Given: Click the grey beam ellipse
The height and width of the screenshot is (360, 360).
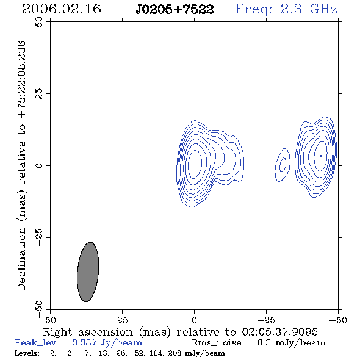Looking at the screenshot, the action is pos(88,272).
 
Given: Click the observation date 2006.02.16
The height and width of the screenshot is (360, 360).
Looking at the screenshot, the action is pos(62,9).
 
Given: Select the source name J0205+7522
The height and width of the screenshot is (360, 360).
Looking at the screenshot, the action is pos(175,9).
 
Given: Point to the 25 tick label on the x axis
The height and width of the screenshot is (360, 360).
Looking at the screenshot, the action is pos(122,320).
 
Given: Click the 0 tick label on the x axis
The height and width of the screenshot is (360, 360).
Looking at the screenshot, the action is pos(194,320).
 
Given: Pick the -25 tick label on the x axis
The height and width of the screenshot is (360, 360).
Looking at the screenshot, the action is pos(266,320).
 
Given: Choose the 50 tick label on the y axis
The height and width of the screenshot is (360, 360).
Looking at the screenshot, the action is pos(39,22).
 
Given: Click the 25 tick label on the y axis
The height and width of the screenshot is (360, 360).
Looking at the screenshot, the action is pos(39,94).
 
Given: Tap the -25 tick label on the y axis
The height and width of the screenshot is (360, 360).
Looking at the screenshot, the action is pos(39,237).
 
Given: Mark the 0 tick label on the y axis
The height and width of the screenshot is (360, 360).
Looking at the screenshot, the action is pos(39,165).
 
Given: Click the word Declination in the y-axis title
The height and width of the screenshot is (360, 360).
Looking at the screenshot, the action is pos(21,259).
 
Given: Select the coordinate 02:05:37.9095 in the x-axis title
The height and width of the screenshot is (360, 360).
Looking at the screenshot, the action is pos(279,332).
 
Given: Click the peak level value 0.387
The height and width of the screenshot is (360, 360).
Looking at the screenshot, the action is pos(84,342).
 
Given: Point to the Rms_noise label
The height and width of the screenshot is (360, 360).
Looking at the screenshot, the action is pos(220,343).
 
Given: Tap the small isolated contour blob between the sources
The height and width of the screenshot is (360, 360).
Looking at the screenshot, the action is pos(283,165).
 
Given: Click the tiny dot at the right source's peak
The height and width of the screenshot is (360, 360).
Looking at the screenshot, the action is pos(321,156).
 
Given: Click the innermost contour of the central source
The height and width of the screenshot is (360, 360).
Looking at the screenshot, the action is pos(195,164).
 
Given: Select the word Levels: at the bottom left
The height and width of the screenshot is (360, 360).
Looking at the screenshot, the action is pos(27,353).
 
